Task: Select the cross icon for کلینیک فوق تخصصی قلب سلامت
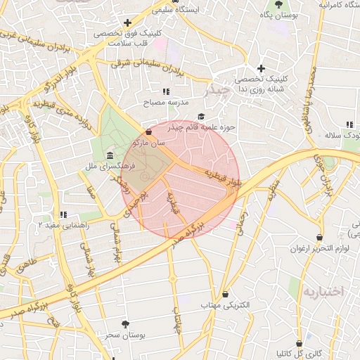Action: tap(127, 22)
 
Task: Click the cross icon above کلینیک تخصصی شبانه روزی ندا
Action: tap(261, 68)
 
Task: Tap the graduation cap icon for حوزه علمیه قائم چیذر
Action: tap(201, 117)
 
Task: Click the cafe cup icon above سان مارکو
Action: tap(148, 131)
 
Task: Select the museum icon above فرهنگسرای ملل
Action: tap(109, 155)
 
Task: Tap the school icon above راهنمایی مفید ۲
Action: tap(63, 214)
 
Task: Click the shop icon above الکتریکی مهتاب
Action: tap(225, 294)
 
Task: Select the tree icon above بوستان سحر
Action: tap(126, 324)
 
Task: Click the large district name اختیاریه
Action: tap(321, 290)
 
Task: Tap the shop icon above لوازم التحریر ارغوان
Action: tap(320, 238)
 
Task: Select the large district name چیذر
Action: tap(216, 91)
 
